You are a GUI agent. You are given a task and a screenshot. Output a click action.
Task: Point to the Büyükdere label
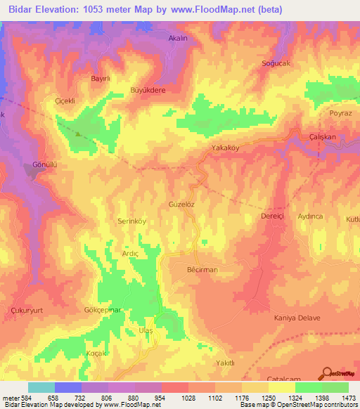pos(148,91)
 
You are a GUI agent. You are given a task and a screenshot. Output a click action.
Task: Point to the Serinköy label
pos(131,220)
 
